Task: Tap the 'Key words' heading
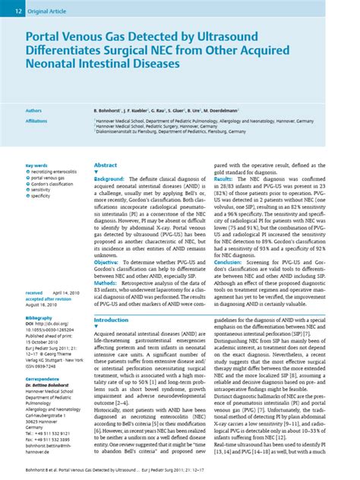36,166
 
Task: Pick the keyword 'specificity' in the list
46,195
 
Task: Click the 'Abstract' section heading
106,165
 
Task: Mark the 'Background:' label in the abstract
109,177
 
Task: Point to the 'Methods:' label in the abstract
106,282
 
